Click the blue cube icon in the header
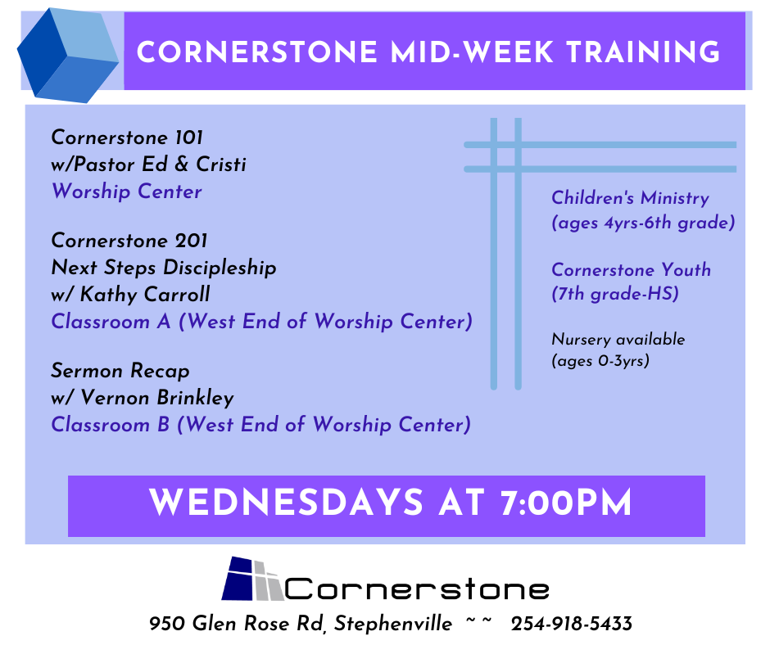tap(68, 55)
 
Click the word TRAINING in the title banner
tap(643, 52)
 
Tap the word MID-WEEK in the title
tap(472, 52)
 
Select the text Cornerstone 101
tap(127, 138)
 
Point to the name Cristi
tap(221, 164)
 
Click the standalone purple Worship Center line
tap(127, 192)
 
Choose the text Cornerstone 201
tap(129, 241)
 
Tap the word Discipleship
tap(220, 268)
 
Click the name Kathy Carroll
tap(145, 295)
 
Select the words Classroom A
tap(111, 322)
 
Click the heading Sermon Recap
tap(120, 371)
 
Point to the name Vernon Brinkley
tap(157, 398)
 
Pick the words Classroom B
tap(111, 425)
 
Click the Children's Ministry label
tap(631, 198)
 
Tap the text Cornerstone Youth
tap(631, 269)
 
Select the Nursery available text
tap(618, 339)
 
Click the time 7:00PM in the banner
tap(566, 503)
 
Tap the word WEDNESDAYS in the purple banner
tap(286, 503)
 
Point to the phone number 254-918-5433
tap(572, 624)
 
